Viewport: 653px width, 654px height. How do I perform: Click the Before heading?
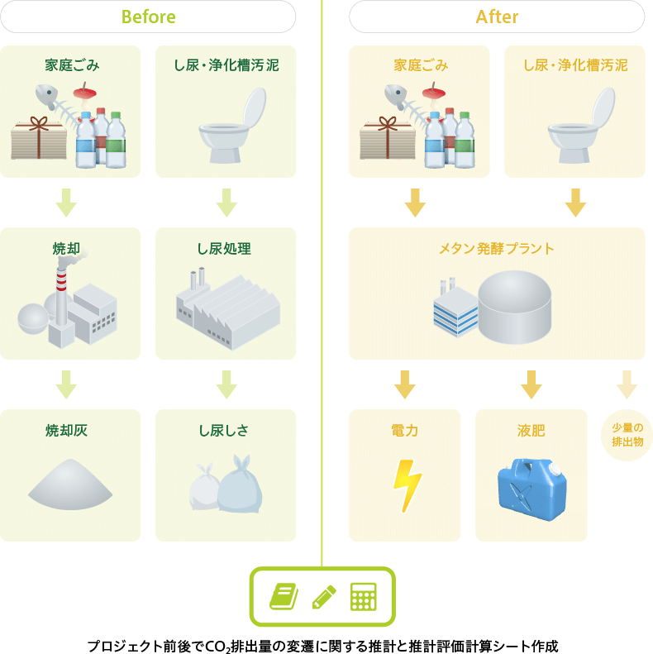[x=148, y=17]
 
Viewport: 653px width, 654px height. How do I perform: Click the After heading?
[x=497, y=17]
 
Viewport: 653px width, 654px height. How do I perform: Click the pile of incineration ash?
[x=70, y=485]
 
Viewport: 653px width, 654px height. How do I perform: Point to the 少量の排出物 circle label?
[x=627, y=435]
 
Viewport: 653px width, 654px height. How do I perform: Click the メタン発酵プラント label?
[x=497, y=248]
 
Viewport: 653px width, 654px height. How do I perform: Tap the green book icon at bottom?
[x=284, y=596]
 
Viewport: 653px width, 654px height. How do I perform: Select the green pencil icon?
[x=323, y=596]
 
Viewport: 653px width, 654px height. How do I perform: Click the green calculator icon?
[x=363, y=596]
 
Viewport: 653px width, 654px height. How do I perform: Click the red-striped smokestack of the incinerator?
[x=60, y=285]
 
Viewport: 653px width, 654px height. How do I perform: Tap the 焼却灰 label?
[x=66, y=430]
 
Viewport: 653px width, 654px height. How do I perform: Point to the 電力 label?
[x=404, y=430]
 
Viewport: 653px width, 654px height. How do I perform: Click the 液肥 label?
[x=531, y=430]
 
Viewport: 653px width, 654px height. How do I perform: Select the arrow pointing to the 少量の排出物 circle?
[x=627, y=384]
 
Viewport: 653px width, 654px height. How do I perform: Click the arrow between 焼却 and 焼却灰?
[x=66, y=384]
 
